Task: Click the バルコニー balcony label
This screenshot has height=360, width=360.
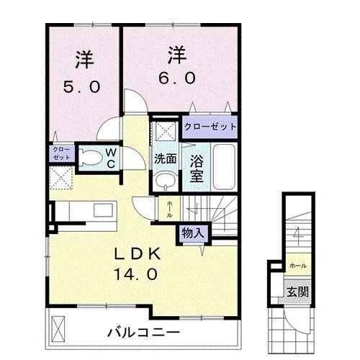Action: tap(143, 332)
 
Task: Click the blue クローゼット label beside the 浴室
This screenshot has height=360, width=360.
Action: tap(210, 127)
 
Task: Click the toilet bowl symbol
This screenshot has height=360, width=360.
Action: tap(89, 156)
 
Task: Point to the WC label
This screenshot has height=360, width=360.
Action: tap(112, 157)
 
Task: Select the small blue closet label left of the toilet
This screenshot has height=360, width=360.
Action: tap(58, 153)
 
